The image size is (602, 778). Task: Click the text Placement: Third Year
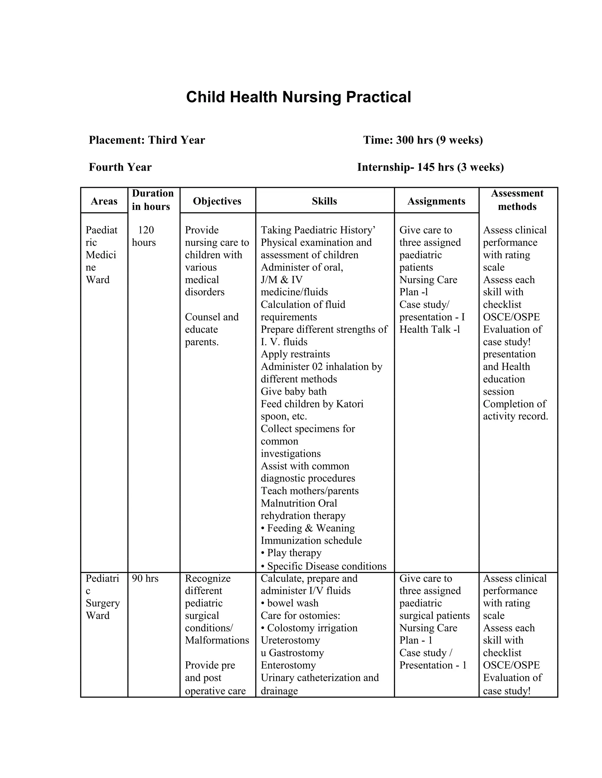click(147, 140)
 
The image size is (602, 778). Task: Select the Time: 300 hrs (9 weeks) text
click(423, 140)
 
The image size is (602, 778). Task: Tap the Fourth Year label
click(120, 167)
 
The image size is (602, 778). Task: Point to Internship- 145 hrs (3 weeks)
click(430, 167)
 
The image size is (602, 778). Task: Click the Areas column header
click(104, 201)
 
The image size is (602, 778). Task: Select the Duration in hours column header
click(153, 200)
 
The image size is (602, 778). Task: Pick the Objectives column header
click(217, 201)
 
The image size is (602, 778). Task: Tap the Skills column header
click(324, 201)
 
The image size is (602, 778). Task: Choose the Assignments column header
click(436, 201)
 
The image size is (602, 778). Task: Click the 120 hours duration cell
click(144, 236)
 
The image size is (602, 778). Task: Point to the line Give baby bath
click(294, 391)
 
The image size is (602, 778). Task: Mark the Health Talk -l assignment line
click(429, 329)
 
